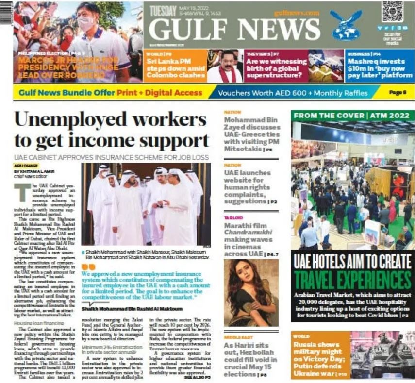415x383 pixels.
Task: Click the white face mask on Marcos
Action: tap(86, 23)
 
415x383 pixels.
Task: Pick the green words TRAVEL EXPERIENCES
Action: tap(353, 281)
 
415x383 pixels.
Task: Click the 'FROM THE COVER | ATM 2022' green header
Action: tap(353, 116)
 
